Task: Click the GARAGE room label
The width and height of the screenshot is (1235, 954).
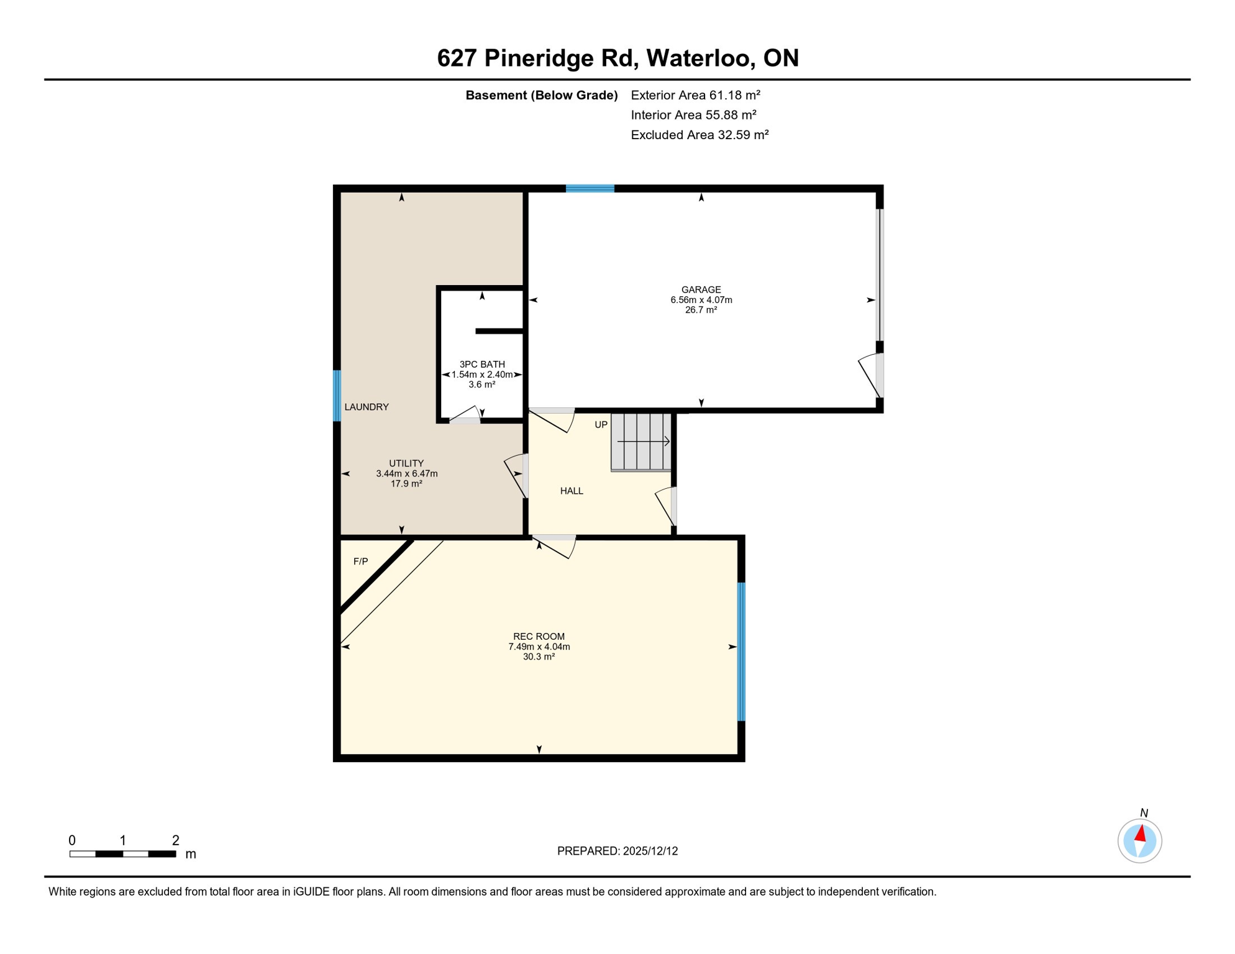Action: [701, 289]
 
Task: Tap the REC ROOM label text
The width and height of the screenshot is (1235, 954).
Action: [539, 636]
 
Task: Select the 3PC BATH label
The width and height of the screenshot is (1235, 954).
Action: [482, 364]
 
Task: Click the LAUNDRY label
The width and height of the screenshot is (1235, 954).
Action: [367, 407]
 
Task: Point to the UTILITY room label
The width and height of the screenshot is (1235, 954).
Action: [406, 463]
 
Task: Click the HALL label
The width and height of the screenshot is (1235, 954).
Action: [572, 491]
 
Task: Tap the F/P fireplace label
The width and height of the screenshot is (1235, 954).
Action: [360, 561]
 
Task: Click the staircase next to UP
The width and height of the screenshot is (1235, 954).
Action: [641, 442]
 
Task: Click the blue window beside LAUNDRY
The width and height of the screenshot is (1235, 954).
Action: [337, 396]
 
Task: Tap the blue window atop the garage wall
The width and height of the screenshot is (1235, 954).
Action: [590, 188]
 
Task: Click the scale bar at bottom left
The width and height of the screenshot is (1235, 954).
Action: [123, 854]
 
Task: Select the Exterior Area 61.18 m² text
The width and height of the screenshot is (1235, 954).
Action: [695, 95]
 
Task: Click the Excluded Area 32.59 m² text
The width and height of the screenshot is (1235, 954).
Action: [700, 135]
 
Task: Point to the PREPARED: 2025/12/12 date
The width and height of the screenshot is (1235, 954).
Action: [617, 851]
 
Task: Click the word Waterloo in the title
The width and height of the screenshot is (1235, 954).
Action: [701, 58]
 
